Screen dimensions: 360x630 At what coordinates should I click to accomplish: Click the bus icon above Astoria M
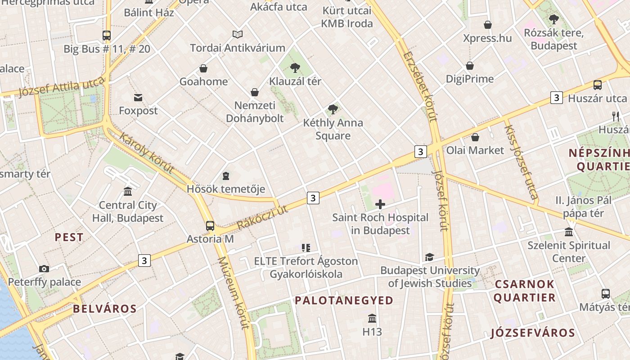(210, 225)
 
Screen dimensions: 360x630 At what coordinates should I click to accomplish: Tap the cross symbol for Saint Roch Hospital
(380, 205)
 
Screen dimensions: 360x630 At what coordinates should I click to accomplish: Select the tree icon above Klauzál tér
(295, 68)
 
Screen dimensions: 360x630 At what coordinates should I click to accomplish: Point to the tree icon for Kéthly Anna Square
(333, 109)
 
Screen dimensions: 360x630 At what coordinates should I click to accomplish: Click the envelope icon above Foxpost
(138, 97)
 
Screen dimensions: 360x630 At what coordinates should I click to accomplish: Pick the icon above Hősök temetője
(226, 175)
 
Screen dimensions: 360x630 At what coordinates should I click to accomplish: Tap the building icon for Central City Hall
(128, 192)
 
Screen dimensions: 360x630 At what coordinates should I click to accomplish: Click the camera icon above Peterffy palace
(44, 269)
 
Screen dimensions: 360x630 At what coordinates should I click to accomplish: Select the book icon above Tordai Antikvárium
(238, 34)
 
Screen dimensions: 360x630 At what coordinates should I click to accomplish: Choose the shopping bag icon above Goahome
(203, 68)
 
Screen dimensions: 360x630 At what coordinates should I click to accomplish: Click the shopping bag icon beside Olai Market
(475, 137)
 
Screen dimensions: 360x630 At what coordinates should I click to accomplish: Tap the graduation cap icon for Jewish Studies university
(429, 257)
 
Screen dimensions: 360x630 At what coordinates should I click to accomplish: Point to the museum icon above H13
(372, 319)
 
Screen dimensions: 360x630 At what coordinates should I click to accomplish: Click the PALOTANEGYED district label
(344, 301)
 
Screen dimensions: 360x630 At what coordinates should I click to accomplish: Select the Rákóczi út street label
(262, 217)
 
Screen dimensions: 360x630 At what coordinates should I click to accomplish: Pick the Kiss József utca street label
(521, 162)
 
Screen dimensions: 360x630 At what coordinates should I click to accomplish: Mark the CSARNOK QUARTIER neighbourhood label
(524, 291)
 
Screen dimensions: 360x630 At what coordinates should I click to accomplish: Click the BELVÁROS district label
(104, 309)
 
